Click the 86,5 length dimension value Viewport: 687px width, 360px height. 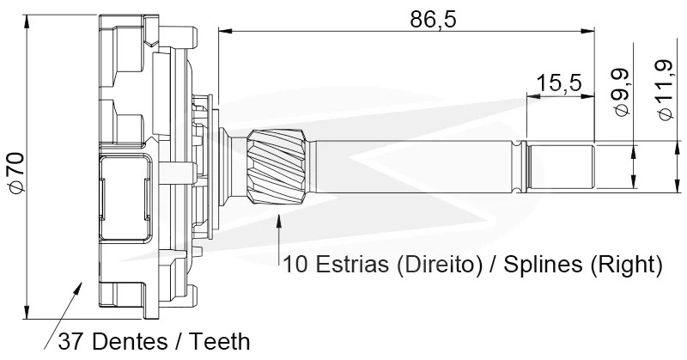[x=433, y=19]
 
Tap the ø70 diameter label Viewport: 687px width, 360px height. [x=16, y=173]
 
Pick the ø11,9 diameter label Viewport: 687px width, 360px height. [x=664, y=89]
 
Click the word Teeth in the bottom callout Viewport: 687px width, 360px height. [x=220, y=342]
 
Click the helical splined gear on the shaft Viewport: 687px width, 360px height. [x=277, y=167]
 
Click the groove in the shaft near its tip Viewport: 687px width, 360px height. [x=520, y=167]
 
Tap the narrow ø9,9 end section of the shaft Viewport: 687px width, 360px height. [x=561, y=167]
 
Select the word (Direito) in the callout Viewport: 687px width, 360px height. [x=438, y=265]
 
